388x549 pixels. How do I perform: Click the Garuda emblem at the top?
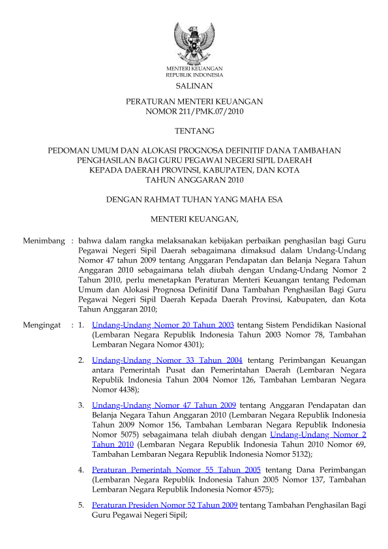coord(194,42)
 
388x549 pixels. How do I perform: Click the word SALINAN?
coord(194,86)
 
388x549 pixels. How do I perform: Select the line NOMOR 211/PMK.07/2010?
coord(194,112)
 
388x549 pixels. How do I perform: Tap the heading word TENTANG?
coord(194,131)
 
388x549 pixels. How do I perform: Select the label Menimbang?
coord(44,241)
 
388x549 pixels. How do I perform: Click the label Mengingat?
coord(42,324)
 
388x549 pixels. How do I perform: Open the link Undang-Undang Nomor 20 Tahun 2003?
coord(163,324)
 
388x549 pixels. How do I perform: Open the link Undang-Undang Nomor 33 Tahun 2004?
coord(168,360)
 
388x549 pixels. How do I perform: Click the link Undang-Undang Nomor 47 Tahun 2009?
coord(164,405)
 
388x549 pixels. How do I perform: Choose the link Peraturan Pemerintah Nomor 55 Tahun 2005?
coord(177,469)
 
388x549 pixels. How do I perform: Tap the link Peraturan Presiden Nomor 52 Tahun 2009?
coord(165,505)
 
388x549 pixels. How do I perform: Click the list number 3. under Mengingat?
coord(81,405)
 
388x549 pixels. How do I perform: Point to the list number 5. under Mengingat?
coord(81,505)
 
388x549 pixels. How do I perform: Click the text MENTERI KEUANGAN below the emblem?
coord(194,69)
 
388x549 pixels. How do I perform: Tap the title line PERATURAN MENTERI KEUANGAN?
coord(194,102)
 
